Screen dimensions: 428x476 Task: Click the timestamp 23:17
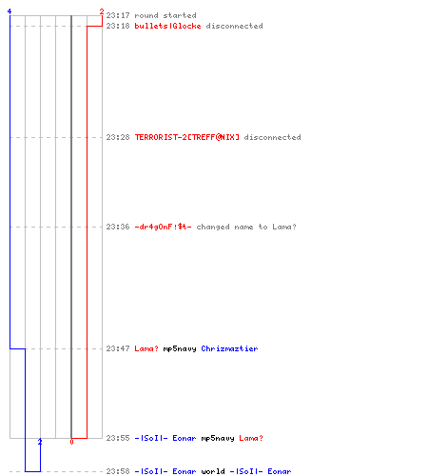pyautogui.click(x=118, y=15)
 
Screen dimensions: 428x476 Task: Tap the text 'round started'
pyautogui.click(x=165, y=15)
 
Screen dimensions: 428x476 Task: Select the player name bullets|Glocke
pyautogui.click(x=167, y=26)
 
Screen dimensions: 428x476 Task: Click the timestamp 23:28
pyautogui.click(x=118, y=137)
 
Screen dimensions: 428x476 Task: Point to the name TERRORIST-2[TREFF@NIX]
pyautogui.click(x=187, y=137)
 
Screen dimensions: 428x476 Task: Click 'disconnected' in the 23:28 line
pyautogui.click(x=272, y=137)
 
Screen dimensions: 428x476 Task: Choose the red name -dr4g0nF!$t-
pyautogui.click(x=163, y=227)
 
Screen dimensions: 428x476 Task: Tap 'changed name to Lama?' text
pyautogui.click(x=246, y=227)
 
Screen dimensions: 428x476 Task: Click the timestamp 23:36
pyautogui.click(x=118, y=227)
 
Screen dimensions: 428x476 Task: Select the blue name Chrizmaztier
pyautogui.click(x=229, y=348)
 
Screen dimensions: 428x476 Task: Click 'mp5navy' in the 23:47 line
pyautogui.click(x=180, y=348)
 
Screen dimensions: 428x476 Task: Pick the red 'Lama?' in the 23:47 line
pyautogui.click(x=146, y=348)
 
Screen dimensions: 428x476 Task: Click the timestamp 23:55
pyautogui.click(x=118, y=438)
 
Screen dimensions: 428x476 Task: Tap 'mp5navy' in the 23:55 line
pyautogui.click(x=218, y=438)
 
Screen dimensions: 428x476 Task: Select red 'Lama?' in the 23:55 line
pyautogui.click(x=251, y=438)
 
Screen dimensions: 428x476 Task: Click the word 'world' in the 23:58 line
pyautogui.click(x=213, y=471)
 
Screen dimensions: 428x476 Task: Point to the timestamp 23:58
pyautogui.click(x=118, y=471)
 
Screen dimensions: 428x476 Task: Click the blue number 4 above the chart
pyautogui.click(x=10, y=11)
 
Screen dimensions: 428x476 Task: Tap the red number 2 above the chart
pyautogui.click(x=102, y=11)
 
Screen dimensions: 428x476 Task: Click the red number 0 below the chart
pyautogui.click(x=71, y=442)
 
